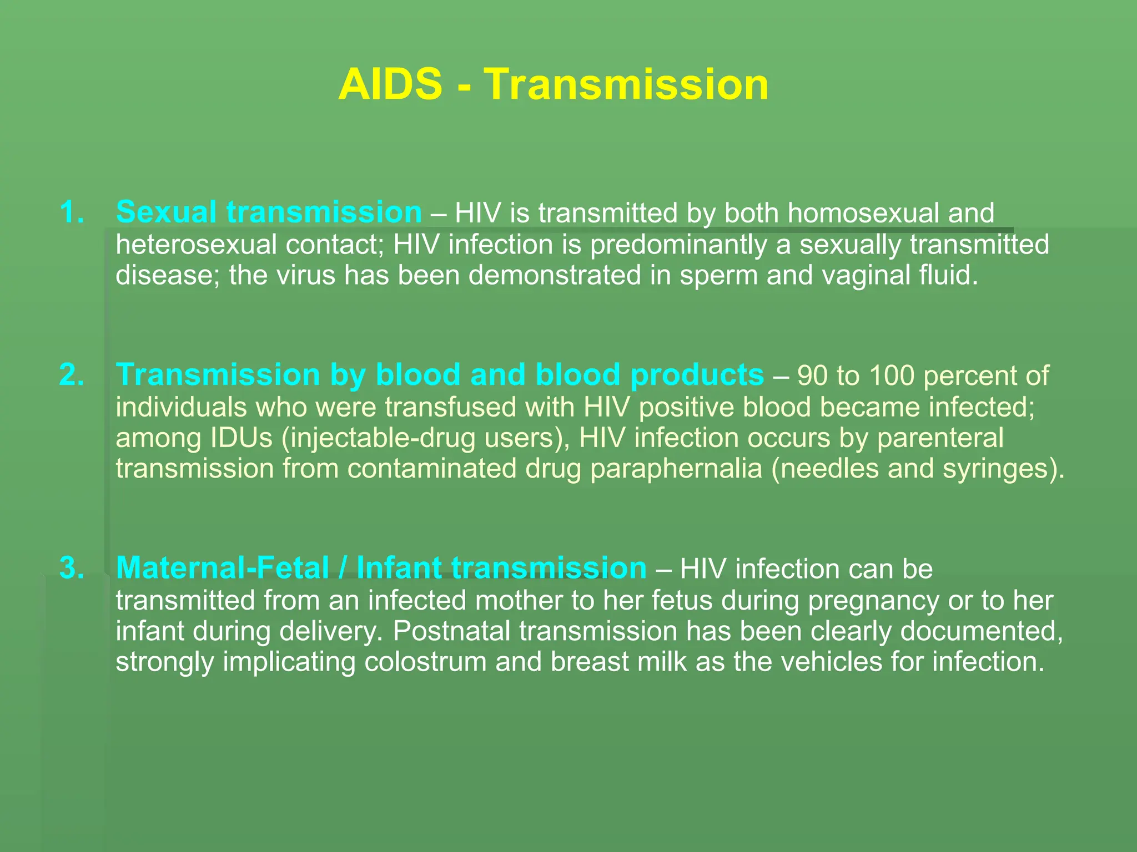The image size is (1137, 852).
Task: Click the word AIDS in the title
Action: click(x=390, y=84)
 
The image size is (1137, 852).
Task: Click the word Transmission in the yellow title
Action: click(x=626, y=84)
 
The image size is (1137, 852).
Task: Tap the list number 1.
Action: click(x=72, y=212)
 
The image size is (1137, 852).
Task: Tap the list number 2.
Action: click(x=72, y=375)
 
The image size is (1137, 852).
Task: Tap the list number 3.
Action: click(x=72, y=568)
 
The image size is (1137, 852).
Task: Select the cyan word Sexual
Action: click(x=166, y=212)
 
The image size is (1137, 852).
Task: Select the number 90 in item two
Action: click(x=813, y=376)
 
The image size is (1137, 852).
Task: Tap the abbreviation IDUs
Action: click(x=241, y=438)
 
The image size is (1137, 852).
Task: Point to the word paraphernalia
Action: click(x=676, y=469)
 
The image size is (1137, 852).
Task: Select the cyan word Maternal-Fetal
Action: click(x=223, y=568)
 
